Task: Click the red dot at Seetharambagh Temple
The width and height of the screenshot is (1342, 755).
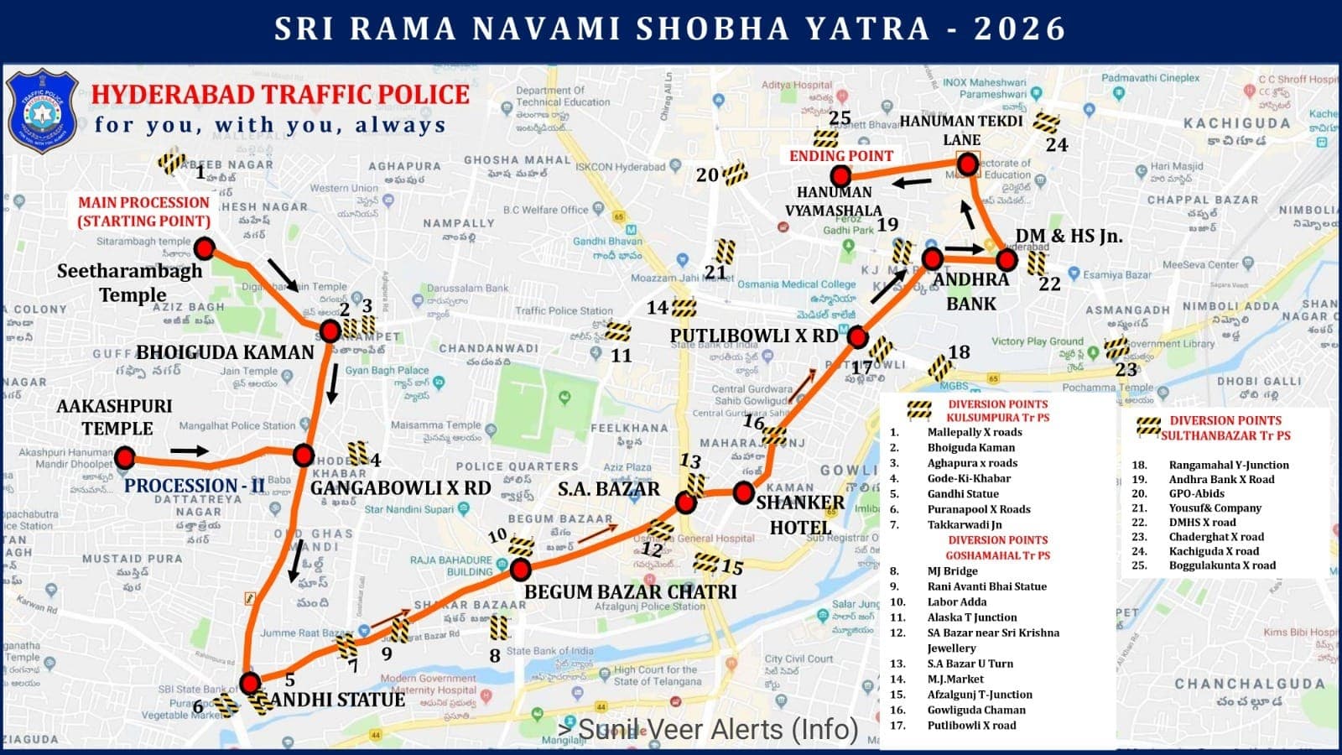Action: [x=204, y=248]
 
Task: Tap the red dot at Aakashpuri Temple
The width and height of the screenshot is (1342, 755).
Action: [x=125, y=457]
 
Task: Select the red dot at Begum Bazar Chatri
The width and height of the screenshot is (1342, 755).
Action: [x=520, y=570]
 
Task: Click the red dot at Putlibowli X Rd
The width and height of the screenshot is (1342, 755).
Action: [x=857, y=337]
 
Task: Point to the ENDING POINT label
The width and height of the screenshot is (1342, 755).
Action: [x=841, y=156]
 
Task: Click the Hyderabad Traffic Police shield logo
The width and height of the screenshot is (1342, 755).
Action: [x=42, y=112]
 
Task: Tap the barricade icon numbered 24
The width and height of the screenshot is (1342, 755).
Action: [x=1046, y=122]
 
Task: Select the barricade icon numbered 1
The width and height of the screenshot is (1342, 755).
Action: [x=172, y=161]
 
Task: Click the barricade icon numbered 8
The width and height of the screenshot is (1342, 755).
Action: [x=499, y=627]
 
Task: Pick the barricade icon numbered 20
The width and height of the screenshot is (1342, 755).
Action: [x=735, y=174]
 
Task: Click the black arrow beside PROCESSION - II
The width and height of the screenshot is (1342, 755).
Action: [x=190, y=451]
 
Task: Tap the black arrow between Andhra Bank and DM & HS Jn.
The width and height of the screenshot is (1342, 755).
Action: [x=965, y=249]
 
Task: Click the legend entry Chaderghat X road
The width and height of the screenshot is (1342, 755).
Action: [x=1216, y=537]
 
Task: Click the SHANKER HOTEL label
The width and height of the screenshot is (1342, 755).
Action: [x=799, y=514]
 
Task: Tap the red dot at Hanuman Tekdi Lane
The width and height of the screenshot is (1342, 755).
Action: [x=967, y=164]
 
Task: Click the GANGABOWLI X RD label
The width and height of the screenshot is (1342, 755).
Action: [x=400, y=488]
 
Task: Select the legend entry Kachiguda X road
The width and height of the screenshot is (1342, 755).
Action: [x=1214, y=551]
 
